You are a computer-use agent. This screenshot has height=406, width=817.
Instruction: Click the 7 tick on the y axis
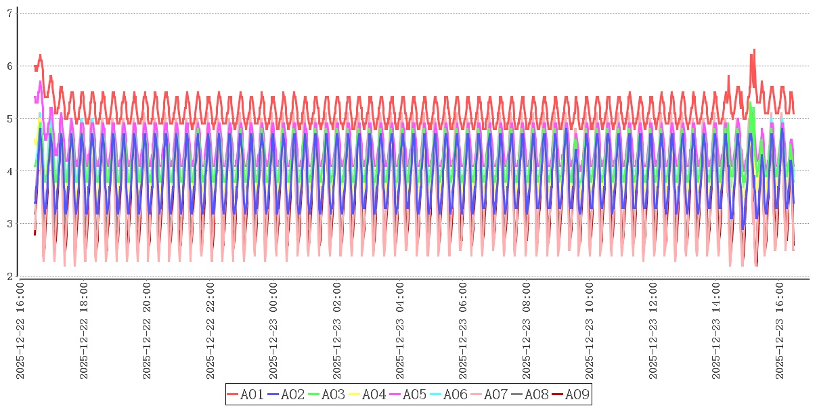pos(9,13)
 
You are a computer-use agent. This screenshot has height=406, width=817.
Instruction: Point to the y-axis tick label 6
pos(9,66)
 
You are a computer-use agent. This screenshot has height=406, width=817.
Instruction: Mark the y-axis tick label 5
pos(9,118)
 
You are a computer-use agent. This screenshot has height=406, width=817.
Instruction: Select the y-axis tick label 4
pos(9,171)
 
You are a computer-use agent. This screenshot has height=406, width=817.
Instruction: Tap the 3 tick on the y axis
pos(9,224)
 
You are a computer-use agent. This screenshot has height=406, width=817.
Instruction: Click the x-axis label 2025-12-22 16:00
pos(21,331)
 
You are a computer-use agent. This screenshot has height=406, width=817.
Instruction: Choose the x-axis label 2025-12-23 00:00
pos(274,331)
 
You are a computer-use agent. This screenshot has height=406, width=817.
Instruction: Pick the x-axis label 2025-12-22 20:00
pos(148,331)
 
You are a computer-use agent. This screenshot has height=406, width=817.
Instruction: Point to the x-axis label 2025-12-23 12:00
pos(654,331)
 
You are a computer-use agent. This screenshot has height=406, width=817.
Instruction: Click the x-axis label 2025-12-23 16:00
pos(780,331)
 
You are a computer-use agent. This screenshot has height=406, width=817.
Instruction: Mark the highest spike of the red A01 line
pos(754,49)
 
